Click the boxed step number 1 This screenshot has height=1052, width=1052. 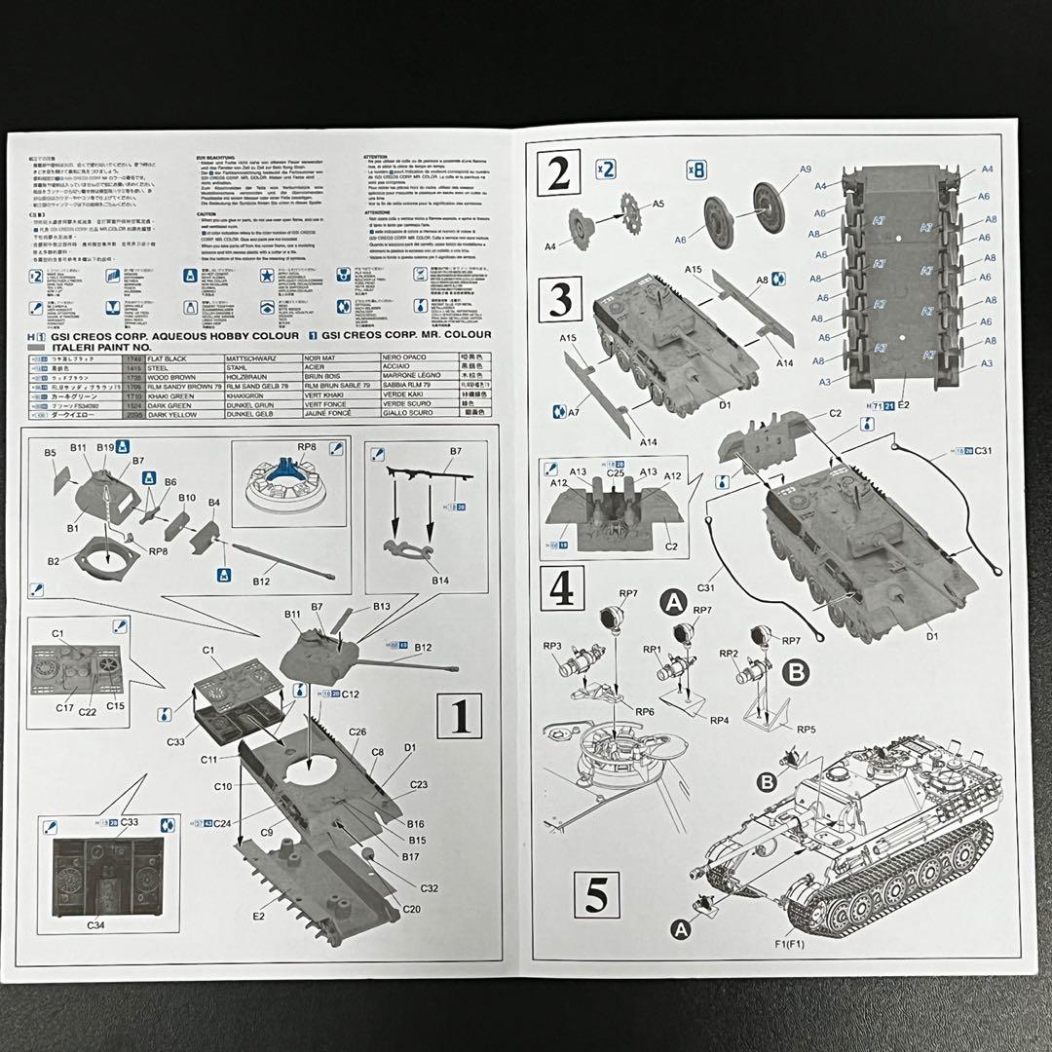pos(460,717)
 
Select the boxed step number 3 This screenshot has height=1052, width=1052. pos(560,300)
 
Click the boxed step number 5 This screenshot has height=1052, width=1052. pos(596,893)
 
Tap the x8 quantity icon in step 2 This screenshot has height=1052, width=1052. pos(696,169)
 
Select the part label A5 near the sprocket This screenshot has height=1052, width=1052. pos(658,204)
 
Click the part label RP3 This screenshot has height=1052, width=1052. pos(552,645)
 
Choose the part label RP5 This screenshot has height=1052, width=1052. pos(806,728)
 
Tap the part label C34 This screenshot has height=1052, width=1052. pos(96,923)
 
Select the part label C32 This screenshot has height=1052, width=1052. pos(429,887)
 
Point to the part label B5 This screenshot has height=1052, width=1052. pos(50,453)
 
